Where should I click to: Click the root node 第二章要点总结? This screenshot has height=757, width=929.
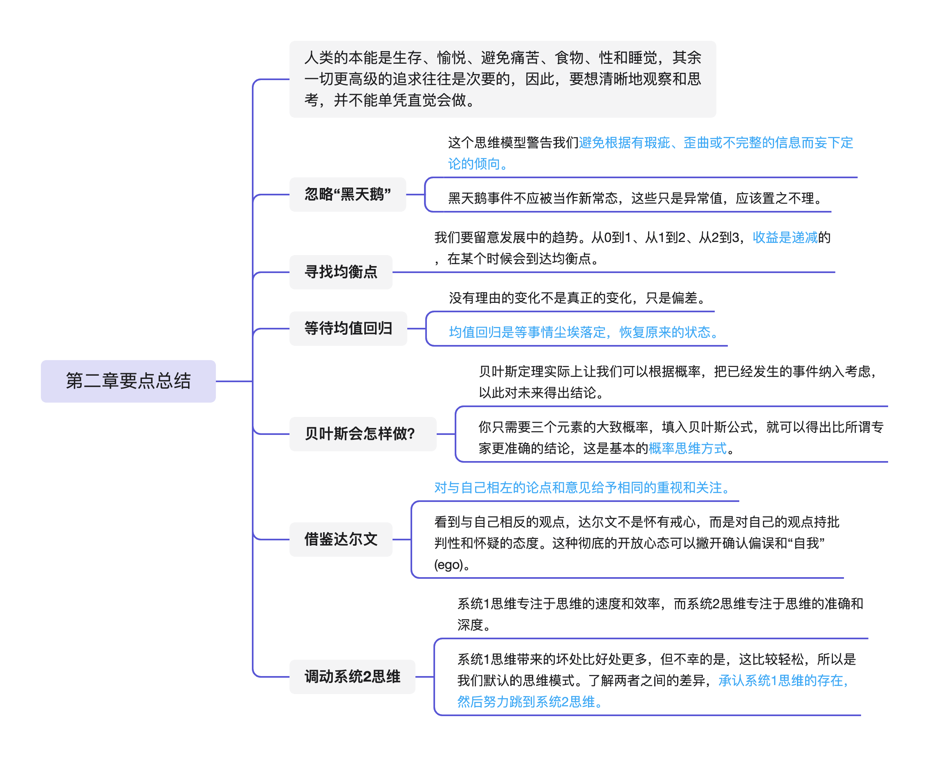tap(128, 381)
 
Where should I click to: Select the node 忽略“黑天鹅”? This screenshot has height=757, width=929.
tap(347, 194)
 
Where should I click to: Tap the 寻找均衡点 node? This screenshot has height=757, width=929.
tap(341, 272)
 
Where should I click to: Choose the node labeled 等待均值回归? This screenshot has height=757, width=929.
tap(348, 328)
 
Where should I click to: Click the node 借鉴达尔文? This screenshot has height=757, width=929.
tap(341, 539)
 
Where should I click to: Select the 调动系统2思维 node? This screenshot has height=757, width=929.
tap(352, 676)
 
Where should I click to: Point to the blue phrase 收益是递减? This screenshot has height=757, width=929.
tap(784, 237)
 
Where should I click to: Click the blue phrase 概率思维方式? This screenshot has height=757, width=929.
tap(687, 448)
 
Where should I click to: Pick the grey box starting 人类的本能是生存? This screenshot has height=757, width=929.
tap(502, 79)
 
